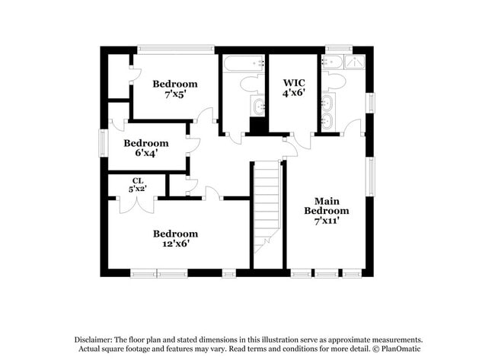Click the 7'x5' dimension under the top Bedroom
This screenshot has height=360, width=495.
[x=174, y=95]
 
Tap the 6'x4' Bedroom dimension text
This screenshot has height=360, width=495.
[x=145, y=153]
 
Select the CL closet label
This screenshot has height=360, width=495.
[x=138, y=180]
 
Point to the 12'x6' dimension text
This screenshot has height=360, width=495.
[x=175, y=244]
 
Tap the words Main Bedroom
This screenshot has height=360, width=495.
[x=327, y=205]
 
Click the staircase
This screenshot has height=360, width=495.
[x=267, y=205]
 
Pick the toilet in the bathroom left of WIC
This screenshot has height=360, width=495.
[x=250, y=84]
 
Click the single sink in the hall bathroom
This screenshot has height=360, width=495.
[x=257, y=107]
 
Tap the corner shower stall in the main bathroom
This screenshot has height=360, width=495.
[x=356, y=62]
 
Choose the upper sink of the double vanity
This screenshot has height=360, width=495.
[x=328, y=102]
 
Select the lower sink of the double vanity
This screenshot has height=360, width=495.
[x=328, y=120]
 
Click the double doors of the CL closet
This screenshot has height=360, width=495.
[x=138, y=204]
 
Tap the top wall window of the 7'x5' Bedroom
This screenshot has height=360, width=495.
[x=175, y=50]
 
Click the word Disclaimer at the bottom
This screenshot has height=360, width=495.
[x=93, y=340]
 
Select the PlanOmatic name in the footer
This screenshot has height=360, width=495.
[x=401, y=349]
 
